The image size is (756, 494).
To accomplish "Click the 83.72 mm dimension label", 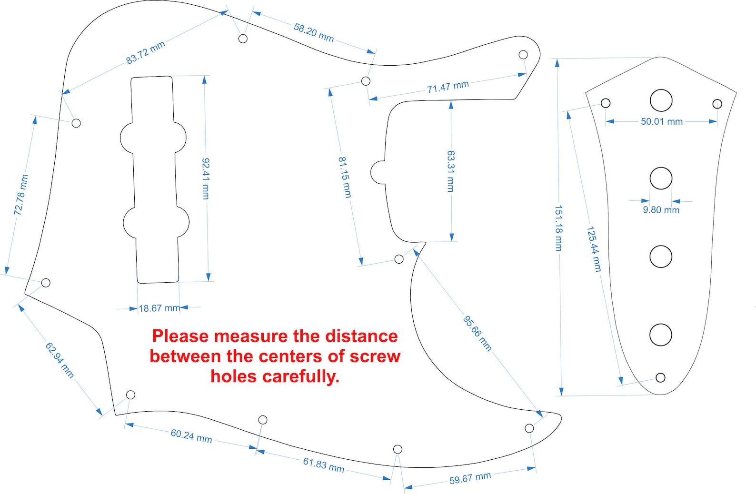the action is coord(146,53).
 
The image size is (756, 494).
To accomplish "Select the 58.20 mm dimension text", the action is coord(314,33).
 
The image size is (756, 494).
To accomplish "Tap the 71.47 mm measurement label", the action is coord(448,87).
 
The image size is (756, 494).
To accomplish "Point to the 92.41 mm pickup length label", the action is coord(206,178).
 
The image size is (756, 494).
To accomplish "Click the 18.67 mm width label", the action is coord(159,308).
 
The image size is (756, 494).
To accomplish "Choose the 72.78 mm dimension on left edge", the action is coord(21,195).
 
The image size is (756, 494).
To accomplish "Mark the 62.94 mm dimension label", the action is coord(60,360).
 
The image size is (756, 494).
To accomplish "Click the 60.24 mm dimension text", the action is coord(191,436).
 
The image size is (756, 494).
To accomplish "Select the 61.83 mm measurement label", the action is coord(324,465).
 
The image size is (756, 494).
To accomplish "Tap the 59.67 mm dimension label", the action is coord(470,478).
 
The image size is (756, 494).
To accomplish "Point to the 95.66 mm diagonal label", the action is coord(477,334).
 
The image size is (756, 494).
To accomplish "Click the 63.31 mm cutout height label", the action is coord(450,171).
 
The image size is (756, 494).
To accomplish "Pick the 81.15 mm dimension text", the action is coord(345,177).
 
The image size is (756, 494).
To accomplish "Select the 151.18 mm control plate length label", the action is coord(558,228).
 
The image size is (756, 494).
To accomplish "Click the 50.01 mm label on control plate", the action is coord(662,121).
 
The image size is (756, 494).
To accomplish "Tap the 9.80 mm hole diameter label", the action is coord(661,210).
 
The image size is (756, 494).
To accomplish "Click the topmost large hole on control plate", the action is coord(661,100).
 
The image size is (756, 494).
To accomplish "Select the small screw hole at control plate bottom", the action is coord(660,377).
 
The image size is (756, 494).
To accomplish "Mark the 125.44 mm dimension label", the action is coord(594,249).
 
